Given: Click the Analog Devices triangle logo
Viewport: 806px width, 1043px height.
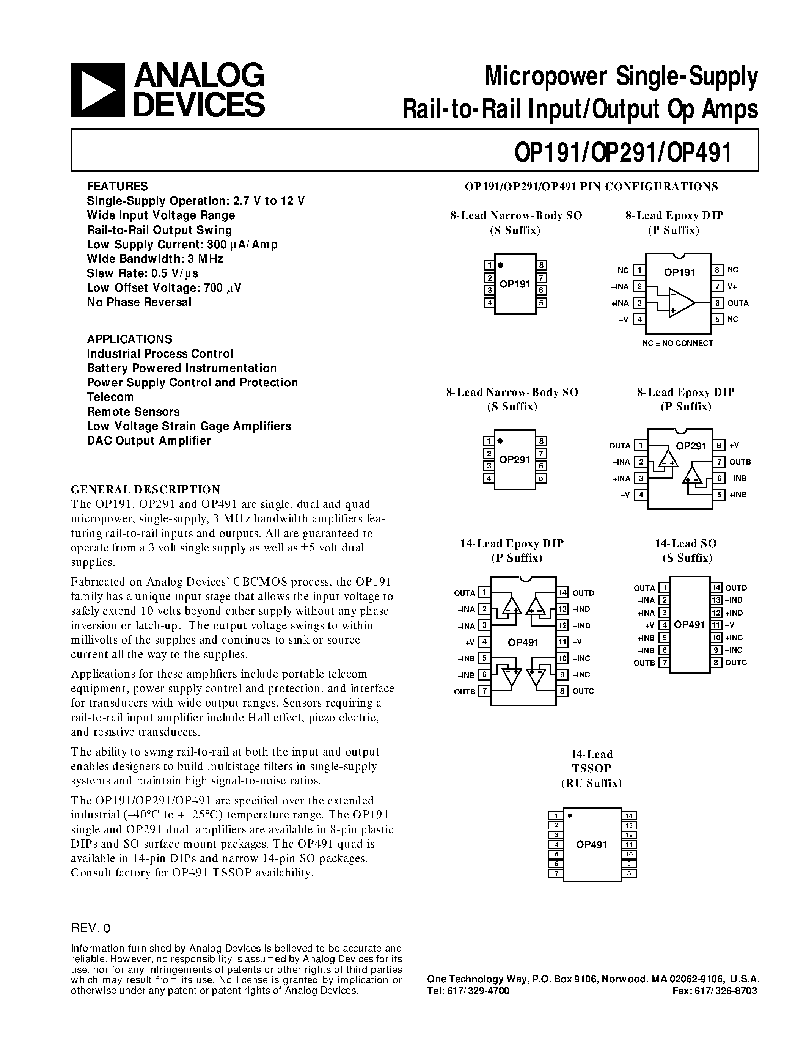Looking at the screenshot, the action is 97,90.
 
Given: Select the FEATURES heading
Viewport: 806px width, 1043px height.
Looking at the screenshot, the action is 117,186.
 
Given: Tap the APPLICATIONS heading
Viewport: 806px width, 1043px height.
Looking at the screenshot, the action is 129,339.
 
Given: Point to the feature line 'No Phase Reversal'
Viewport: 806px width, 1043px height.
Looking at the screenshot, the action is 139,302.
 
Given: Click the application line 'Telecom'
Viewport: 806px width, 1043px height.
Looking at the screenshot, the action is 110,397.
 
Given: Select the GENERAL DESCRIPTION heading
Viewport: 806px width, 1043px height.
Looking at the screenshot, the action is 145,490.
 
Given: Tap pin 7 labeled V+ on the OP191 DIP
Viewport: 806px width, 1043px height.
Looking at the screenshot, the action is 717,286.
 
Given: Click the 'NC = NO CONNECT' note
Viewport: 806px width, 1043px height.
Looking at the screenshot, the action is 677,343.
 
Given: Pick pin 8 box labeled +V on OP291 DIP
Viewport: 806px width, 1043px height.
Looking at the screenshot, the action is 719,446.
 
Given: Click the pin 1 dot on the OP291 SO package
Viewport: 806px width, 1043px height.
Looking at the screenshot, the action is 500,441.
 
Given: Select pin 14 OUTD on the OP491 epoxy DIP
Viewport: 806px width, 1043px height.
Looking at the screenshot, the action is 562,593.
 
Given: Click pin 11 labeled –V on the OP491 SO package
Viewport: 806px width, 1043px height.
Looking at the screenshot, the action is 716,625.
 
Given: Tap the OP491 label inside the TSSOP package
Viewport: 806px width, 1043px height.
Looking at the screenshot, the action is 591,844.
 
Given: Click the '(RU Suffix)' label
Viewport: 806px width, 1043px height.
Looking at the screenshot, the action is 591,783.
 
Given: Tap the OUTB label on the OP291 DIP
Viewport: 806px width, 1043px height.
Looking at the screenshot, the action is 740,462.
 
